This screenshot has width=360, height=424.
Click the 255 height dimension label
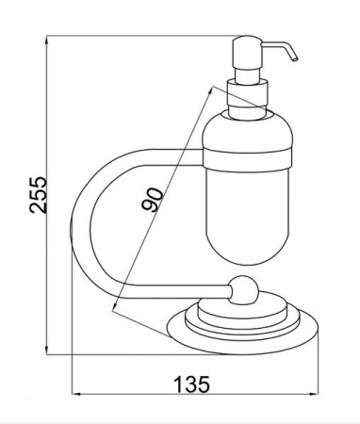38,195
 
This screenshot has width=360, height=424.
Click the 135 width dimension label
191,384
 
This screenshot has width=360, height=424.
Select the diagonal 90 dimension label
153,200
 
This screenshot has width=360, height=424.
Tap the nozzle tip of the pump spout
295,59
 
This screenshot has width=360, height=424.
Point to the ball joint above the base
244,290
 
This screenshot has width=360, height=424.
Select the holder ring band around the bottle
247,160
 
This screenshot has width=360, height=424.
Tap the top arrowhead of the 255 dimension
47,40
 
